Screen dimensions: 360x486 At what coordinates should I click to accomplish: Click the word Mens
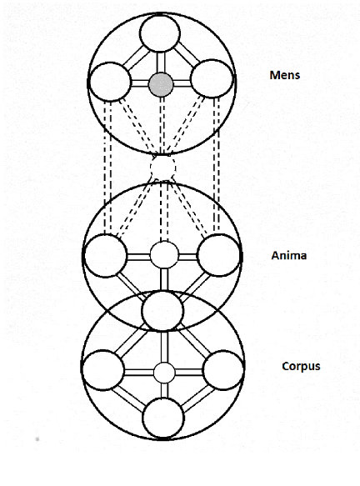(285, 75)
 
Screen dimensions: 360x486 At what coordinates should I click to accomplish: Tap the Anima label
(288, 255)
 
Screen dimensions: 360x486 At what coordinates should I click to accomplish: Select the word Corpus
(301, 366)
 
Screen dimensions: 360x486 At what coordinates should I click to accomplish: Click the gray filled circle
(161, 84)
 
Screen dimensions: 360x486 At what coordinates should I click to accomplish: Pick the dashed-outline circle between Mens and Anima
(163, 168)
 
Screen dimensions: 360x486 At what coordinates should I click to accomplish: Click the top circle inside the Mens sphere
(159, 33)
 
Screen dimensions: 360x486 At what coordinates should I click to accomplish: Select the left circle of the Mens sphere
(110, 82)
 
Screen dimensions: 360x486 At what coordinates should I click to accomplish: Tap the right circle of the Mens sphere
(212, 78)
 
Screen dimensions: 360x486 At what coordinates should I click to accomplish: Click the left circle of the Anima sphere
(105, 256)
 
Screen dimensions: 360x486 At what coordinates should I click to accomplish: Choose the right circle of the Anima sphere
(218, 255)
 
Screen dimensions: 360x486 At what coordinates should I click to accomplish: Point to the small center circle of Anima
(164, 255)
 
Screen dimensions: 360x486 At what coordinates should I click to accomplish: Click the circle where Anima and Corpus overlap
(162, 311)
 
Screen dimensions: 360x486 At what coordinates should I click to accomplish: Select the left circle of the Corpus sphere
(103, 370)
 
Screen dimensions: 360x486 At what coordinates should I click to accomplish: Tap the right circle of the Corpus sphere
(223, 370)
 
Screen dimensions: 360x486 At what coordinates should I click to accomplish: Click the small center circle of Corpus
(164, 373)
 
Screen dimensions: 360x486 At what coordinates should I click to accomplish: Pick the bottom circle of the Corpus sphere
(163, 418)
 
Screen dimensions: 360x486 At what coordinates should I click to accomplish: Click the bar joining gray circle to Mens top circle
(161, 63)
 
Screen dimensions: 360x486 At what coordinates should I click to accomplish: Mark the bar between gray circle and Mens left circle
(140, 83)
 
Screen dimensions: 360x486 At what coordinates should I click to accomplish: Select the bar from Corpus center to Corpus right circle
(189, 373)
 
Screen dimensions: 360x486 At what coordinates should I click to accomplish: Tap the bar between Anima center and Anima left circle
(138, 257)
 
